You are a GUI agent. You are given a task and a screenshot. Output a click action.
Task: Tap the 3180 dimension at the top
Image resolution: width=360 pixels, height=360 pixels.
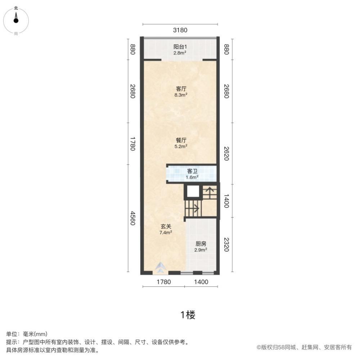click(180, 31)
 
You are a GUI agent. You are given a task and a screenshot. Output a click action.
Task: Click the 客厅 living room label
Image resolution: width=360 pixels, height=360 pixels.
click(181, 89)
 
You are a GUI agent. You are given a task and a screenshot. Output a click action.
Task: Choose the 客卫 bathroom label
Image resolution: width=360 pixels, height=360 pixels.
click(192, 171)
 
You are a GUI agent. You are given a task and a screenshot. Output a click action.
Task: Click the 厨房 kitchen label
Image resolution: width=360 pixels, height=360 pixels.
click(201, 244)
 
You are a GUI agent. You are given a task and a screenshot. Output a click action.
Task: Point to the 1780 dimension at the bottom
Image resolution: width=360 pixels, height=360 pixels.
click(163, 282)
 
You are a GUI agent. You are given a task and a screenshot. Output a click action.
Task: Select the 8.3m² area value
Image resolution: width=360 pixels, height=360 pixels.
click(181, 95)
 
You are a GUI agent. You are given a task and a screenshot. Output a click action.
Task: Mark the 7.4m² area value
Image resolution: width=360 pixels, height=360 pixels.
click(166, 233)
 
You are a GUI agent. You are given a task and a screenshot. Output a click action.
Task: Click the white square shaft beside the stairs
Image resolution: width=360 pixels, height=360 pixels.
click(193, 192)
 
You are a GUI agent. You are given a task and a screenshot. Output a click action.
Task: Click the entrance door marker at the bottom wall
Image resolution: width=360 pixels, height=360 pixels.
click(161, 267)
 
